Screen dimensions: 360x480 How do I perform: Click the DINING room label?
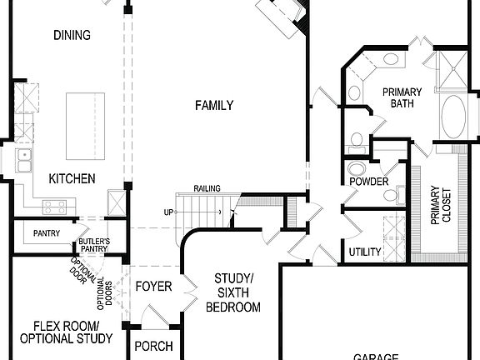pyautogui.click(x=72, y=35)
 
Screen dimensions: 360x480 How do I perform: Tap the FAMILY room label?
pyautogui.click(x=214, y=105)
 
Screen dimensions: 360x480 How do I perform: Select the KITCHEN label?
pyautogui.click(x=72, y=178)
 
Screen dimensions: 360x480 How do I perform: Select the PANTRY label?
pyautogui.click(x=47, y=233)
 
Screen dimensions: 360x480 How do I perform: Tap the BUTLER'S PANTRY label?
pyautogui.click(x=94, y=244)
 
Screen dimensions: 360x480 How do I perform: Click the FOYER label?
pyautogui.click(x=153, y=287)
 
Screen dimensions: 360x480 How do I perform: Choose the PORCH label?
pyautogui.click(x=153, y=346)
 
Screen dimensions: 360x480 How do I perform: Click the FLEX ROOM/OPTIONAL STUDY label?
pyautogui.click(x=66, y=332)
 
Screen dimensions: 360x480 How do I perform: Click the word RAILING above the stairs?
pyautogui.click(x=207, y=189)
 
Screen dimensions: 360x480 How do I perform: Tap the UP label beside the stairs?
pyautogui.click(x=168, y=212)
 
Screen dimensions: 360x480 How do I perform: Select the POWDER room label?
pyautogui.click(x=367, y=182)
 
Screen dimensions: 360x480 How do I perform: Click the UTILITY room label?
pyautogui.click(x=365, y=252)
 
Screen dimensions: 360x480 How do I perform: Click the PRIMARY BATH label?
pyautogui.click(x=402, y=97)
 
